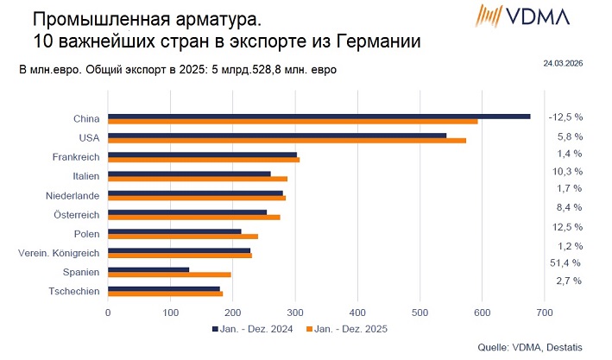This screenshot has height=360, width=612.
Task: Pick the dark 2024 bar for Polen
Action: [147, 231]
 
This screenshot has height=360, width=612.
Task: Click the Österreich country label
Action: [77, 214]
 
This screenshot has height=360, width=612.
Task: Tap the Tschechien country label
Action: [74, 291]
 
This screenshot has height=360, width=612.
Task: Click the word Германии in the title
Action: [374, 41]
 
